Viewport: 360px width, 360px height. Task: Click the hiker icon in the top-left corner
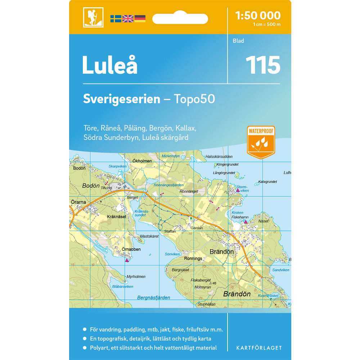pyautogui.click(x=93, y=17)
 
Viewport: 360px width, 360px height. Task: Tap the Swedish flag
pyautogui.click(x=116, y=18)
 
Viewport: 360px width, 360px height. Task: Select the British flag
pyautogui.click(x=128, y=18)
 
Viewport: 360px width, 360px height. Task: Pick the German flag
pyautogui.click(x=140, y=18)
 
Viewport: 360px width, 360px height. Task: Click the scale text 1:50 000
pyautogui.click(x=257, y=15)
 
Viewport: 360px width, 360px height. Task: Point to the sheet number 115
pyautogui.click(x=262, y=65)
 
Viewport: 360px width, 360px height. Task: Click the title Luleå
pyautogui.click(x=109, y=65)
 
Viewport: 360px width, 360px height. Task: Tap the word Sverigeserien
pyautogui.click(x=121, y=99)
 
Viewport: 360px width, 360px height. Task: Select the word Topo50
pyautogui.click(x=194, y=99)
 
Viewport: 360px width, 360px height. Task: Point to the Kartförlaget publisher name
pyautogui.click(x=259, y=348)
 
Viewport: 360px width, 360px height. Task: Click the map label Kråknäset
pyautogui.click(x=116, y=217)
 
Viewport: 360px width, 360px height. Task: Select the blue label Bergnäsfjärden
pyautogui.click(x=154, y=298)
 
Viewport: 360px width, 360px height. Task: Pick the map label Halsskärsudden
pyautogui.click(x=219, y=157)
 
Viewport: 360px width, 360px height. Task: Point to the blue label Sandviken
pyautogui.click(x=280, y=270)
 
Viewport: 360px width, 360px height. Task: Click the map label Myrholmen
pyautogui.click(x=136, y=276)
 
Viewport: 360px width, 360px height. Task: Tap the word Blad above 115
pyautogui.click(x=238, y=41)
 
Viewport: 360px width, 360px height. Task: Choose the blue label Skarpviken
pyautogui.click(x=117, y=166)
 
